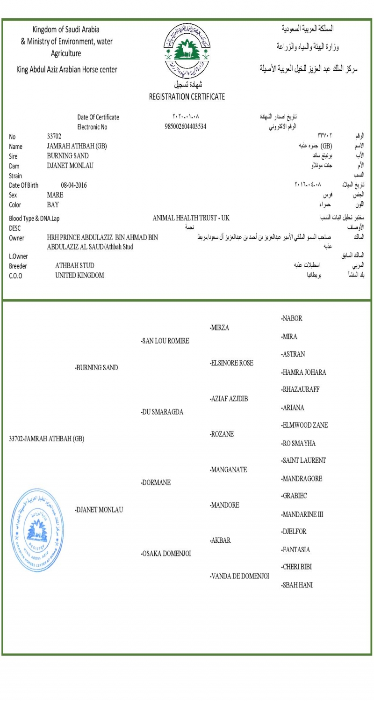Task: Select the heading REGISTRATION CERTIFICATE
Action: point(187,97)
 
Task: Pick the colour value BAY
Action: point(53,205)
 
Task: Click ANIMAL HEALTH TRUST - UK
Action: point(191,218)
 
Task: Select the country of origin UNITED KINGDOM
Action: point(80,275)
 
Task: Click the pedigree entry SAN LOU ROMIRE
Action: point(165,341)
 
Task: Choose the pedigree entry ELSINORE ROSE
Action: point(232,363)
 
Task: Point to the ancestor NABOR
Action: point(292,319)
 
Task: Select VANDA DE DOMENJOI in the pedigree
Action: point(240,576)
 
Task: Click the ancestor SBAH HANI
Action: point(297,585)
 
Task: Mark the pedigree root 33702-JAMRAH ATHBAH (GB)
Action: point(47,439)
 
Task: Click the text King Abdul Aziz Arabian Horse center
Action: point(66,70)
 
